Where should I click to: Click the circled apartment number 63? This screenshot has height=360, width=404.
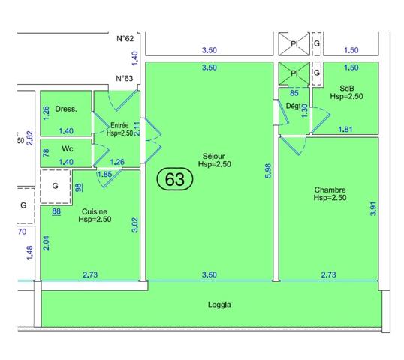176,180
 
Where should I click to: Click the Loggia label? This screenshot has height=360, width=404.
219,305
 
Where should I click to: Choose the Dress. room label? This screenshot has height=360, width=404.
67,109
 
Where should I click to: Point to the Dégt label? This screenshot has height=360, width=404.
294,106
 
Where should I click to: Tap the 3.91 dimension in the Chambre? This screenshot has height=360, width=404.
372,208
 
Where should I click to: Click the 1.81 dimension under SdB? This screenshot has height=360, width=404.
345,130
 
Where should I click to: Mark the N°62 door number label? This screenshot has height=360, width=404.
125,38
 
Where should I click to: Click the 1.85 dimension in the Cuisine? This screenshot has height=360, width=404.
106,175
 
